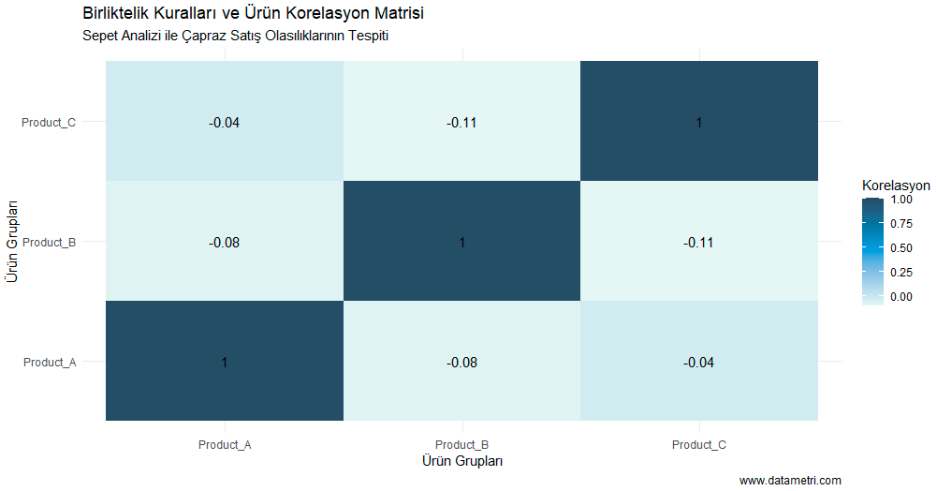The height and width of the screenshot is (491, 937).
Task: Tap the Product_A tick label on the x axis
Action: point(225,445)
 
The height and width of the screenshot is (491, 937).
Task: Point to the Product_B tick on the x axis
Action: point(461,445)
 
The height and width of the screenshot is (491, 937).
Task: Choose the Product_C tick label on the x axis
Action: point(699,445)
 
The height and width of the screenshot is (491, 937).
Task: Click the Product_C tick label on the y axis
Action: point(50,123)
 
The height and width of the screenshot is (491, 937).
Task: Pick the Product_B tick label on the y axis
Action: point(50,243)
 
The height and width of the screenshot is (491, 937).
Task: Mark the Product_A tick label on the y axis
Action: point(50,363)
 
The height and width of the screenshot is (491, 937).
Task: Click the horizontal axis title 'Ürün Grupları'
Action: point(461,461)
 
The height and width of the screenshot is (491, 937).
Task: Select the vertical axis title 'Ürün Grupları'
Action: point(11,241)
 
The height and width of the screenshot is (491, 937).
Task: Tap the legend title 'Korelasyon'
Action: point(896,186)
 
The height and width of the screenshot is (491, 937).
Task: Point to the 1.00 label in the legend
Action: point(901,200)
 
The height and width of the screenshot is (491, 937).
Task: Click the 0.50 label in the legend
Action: point(901,248)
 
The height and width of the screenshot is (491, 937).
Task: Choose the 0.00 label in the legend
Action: point(901,297)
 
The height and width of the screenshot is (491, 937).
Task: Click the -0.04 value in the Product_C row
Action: point(225,123)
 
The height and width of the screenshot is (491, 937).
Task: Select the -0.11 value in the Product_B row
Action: point(699,243)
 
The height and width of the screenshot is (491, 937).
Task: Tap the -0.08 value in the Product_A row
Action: point(461,363)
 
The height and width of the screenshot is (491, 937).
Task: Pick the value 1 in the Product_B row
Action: point(461,243)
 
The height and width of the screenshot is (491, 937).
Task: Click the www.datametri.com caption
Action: point(790,481)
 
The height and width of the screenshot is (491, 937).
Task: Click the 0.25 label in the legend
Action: point(901,273)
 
